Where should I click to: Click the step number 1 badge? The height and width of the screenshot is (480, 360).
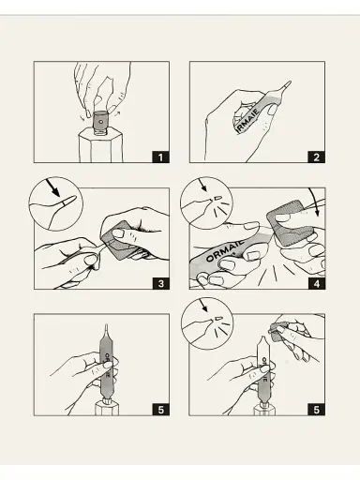click(x=161, y=157)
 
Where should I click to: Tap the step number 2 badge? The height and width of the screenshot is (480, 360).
click(x=316, y=157)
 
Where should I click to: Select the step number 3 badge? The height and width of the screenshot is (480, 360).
click(x=161, y=284)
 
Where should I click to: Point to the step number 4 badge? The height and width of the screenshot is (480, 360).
click(x=316, y=284)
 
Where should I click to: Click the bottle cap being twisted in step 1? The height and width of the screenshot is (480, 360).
click(x=100, y=121)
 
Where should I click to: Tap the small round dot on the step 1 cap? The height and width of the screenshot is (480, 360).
click(x=100, y=122)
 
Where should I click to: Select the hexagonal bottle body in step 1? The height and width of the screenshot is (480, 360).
click(x=100, y=146)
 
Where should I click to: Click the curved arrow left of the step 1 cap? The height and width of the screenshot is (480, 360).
click(x=82, y=117)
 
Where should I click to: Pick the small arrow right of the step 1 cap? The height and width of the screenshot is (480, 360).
click(x=116, y=112)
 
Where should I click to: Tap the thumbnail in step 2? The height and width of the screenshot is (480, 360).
click(x=272, y=110)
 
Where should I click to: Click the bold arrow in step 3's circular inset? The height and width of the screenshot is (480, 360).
click(x=52, y=187)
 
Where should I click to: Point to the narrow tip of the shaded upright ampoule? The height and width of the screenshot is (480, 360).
click(x=107, y=327)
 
